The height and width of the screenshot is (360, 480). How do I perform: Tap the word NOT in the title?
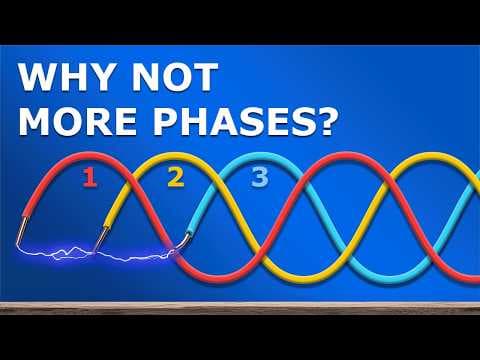175,77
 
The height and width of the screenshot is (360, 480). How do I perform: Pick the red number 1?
90,178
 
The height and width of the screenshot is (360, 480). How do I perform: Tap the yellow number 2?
176,178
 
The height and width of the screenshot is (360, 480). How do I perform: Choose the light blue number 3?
260,177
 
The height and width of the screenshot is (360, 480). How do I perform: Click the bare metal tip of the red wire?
21,231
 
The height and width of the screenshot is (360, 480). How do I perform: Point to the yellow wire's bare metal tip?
100,238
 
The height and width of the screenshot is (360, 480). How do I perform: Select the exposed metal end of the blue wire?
184,242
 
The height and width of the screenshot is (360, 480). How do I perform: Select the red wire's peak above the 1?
89,157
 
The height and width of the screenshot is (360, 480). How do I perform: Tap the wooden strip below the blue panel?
240,308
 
